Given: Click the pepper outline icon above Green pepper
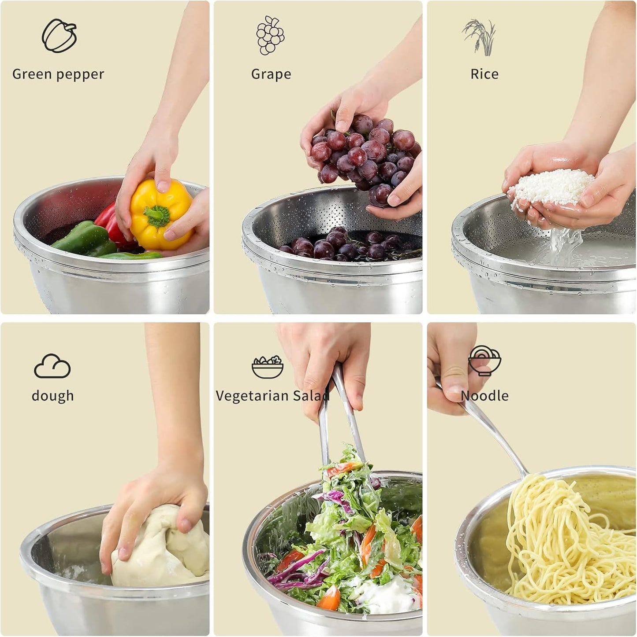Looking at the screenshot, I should pyautogui.click(x=59, y=36).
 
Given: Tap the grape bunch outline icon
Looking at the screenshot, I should pyautogui.click(x=270, y=35).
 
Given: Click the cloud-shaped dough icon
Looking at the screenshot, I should pyautogui.click(x=52, y=366).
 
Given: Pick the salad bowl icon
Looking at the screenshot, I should pyautogui.click(x=268, y=367).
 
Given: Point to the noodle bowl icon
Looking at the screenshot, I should pyautogui.click(x=484, y=361).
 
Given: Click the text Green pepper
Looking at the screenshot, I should pyautogui.click(x=58, y=74).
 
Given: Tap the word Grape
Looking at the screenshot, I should pyautogui.click(x=271, y=74).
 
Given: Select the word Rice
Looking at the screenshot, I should pyautogui.click(x=484, y=74).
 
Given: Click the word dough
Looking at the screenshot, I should pyautogui.click(x=52, y=396).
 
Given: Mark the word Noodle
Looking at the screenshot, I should pyautogui.click(x=484, y=396).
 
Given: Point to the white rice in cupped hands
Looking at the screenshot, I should pyautogui.click(x=551, y=187).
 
